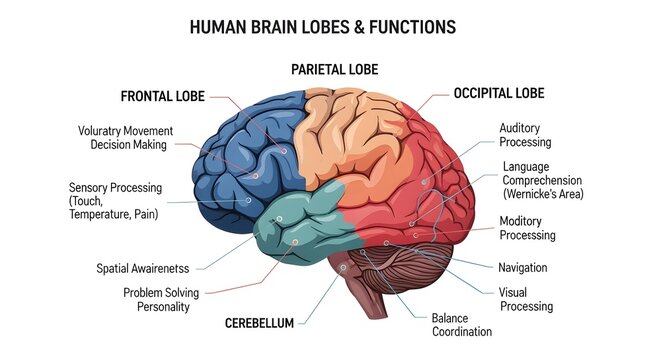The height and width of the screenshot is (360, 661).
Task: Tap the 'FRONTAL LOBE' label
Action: click(162, 97)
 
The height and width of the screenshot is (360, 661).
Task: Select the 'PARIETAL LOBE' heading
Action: click(334, 70)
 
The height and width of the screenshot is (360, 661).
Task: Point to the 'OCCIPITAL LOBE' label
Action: click(498, 93)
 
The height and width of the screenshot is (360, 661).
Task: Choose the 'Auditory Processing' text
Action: click(525, 135)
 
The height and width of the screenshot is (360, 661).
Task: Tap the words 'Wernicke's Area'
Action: click(543, 193)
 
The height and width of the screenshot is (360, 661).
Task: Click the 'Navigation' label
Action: click(523, 267)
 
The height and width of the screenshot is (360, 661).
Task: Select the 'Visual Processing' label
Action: click(525, 299)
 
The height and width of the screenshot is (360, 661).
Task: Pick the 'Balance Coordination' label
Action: click(461, 324)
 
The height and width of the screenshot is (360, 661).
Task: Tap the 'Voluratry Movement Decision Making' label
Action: click(125, 137)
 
